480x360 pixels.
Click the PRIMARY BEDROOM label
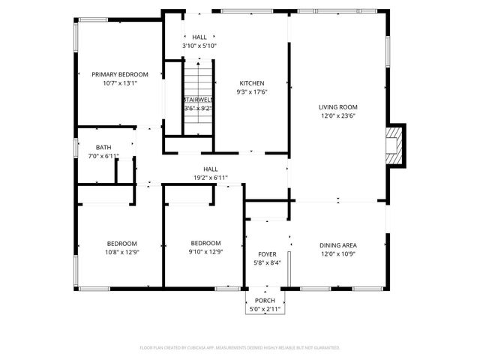click(120, 74)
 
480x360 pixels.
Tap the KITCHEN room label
click(252, 83)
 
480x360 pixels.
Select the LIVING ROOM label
click(338, 107)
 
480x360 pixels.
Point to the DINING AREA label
click(338, 245)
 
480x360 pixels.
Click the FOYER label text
click(268, 254)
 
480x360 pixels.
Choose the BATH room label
click(103, 147)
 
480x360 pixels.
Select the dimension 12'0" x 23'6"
click(338, 115)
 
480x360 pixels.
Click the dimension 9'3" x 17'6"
click(252, 92)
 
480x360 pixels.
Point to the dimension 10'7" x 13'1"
click(120, 83)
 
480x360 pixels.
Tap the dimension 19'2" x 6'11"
click(210, 178)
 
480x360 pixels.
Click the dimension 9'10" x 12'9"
click(205, 252)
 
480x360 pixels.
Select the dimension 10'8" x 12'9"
click(121, 252)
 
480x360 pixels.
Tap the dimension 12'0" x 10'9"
click(338, 253)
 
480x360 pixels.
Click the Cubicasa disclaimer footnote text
click(240, 348)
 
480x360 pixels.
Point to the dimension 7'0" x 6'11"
click(103, 155)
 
